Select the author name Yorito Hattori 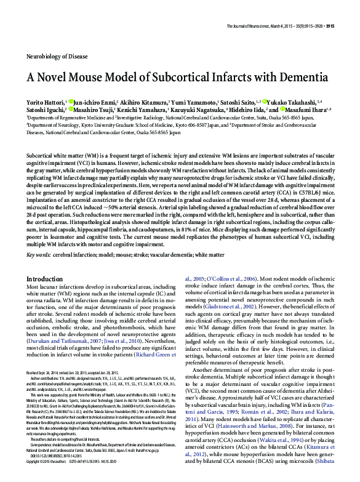pos(46,100)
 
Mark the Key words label pos(38,254)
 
